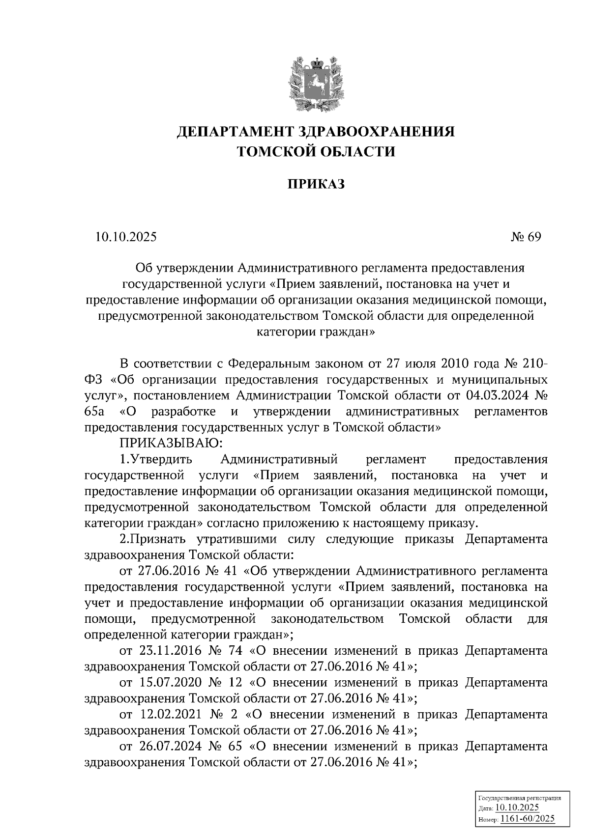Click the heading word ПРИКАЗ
(x=316, y=184)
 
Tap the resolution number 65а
(x=94, y=411)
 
